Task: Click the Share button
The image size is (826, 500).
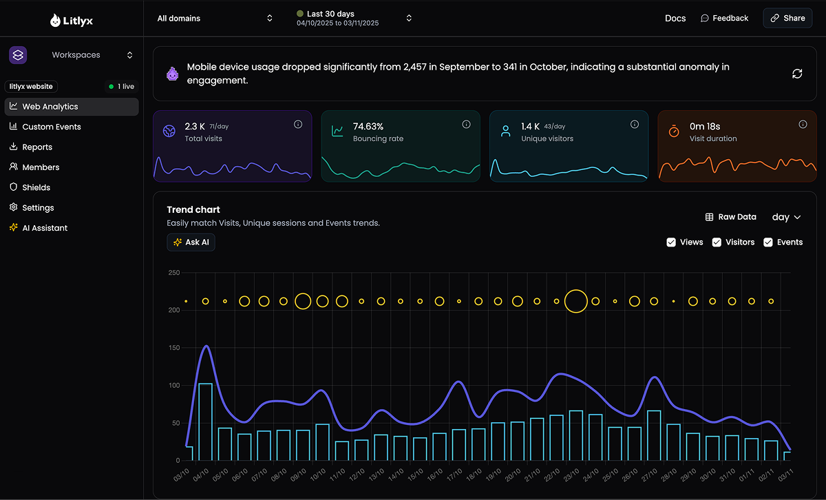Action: click(x=787, y=19)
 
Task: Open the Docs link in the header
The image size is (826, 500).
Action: click(x=675, y=19)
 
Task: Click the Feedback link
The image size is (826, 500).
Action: click(x=724, y=19)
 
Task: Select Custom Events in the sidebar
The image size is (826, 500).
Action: click(x=51, y=127)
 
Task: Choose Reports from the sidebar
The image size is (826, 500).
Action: click(x=37, y=147)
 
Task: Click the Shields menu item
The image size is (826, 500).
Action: click(x=36, y=187)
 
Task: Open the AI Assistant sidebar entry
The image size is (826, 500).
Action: click(x=45, y=228)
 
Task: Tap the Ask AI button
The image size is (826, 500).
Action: click(x=191, y=242)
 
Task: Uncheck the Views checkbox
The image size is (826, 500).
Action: click(x=671, y=242)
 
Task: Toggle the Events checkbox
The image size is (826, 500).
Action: click(x=768, y=242)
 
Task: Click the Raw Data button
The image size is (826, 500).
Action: click(x=730, y=217)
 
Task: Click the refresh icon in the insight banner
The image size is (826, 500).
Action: click(x=797, y=74)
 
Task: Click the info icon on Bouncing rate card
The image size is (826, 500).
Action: click(x=466, y=125)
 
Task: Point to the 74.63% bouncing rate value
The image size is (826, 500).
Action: click(x=368, y=127)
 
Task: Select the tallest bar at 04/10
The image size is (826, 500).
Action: click(x=205, y=421)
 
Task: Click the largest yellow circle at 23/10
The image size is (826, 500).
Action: click(x=575, y=301)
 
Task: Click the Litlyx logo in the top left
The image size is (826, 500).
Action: click(x=72, y=21)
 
